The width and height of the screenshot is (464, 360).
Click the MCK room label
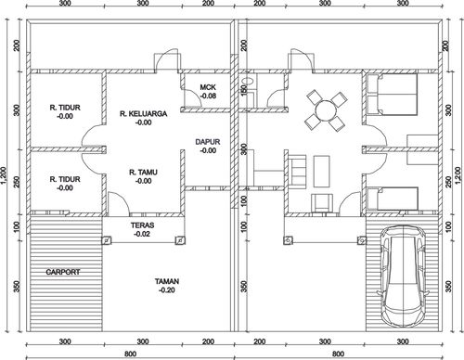pyautogui.click(x=208, y=87)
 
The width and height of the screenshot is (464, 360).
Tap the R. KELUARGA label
pyautogui.click(x=144, y=114)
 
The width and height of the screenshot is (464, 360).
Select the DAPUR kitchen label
pyautogui.click(x=208, y=142)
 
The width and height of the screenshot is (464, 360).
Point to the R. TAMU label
pyautogui.click(x=143, y=173)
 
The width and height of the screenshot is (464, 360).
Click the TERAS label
pyautogui.click(x=142, y=225)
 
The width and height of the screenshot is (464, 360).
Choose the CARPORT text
pyautogui.click(x=63, y=272)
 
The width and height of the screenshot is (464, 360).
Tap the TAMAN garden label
pyautogui.click(x=167, y=281)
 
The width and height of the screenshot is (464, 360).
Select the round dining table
pyautogui.click(x=326, y=110)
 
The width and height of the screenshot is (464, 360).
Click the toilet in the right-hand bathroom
pyautogui.click(x=248, y=82)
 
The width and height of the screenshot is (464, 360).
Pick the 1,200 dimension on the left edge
pyautogui.click(x=4, y=175)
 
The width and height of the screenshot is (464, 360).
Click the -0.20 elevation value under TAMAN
pyautogui.click(x=167, y=290)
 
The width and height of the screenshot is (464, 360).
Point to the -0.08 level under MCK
pyautogui.click(x=208, y=96)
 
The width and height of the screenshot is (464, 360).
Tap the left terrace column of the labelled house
pyautogui.click(x=106, y=240)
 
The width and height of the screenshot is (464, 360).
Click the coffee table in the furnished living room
pyautogui.click(x=322, y=172)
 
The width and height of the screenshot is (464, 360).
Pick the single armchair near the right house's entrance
pyautogui.click(x=322, y=203)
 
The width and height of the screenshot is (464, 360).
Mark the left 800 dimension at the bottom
pyautogui.click(x=130, y=354)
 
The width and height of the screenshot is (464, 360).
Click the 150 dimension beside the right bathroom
pyautogui.click(x=244, y=90)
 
